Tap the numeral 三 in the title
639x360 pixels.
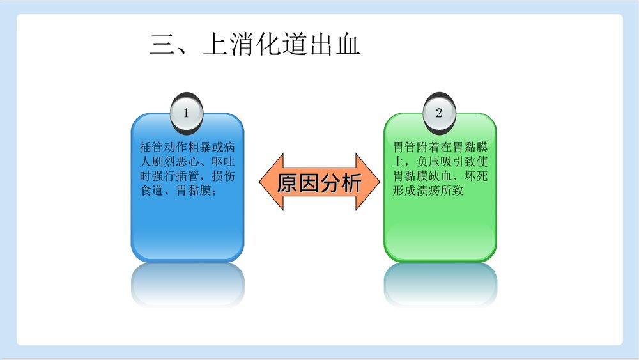click(x=162, y=45)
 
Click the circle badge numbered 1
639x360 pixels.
click(x=187, y=113)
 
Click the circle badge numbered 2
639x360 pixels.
click(x=439, y=113)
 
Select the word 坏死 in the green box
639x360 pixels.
click(x=476, y=176)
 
